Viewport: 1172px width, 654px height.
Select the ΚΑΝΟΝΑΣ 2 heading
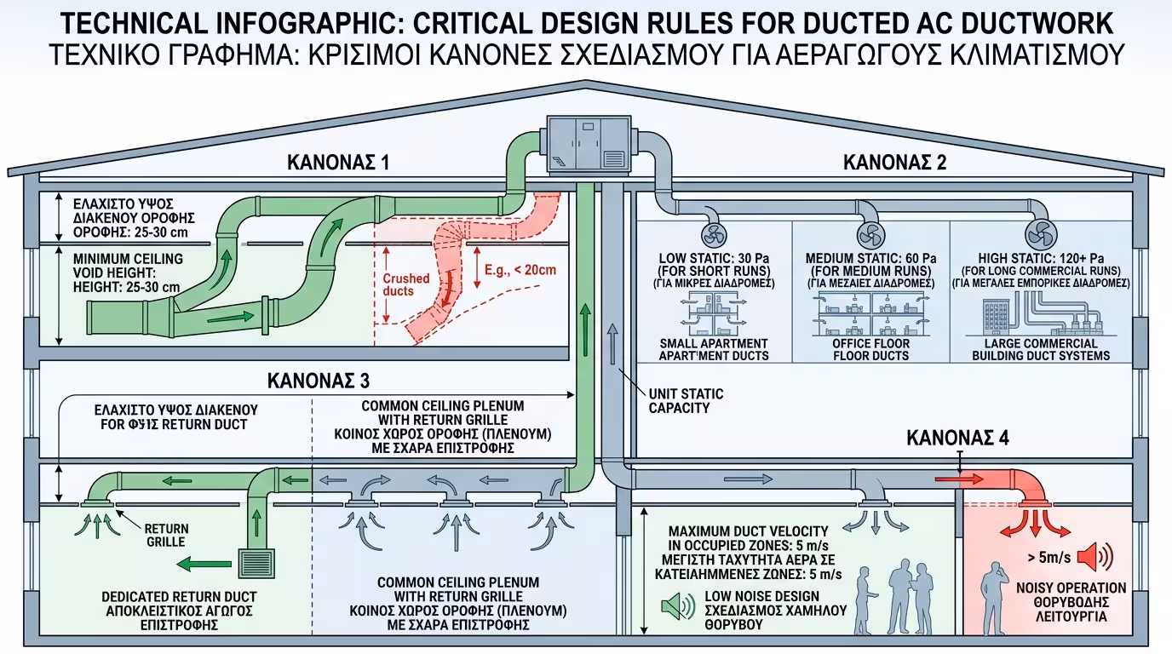[894, 162]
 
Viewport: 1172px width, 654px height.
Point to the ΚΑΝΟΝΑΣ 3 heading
[319, 380]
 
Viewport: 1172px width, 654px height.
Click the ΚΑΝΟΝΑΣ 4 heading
[958, 439]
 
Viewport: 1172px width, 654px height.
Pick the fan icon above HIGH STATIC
[1040, 233]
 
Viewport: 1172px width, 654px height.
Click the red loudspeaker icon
[1094, 559]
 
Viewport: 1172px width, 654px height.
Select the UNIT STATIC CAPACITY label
[686, 401]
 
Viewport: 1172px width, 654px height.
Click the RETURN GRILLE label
[164, 535]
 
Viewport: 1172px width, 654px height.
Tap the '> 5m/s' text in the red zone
[1044, 559]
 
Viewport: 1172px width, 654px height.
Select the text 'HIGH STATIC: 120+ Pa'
[1042, 258]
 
